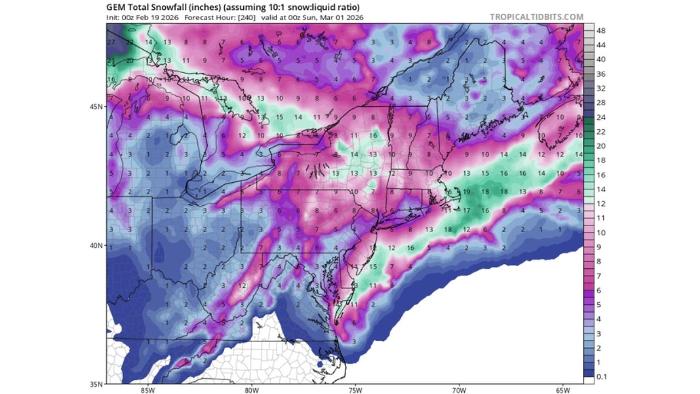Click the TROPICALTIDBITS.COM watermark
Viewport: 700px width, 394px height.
(x=536, y=17)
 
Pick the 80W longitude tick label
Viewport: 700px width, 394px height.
(x=251, y=390)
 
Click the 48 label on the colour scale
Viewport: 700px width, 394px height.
(x=600, y=31)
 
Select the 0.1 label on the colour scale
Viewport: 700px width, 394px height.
(x=601, y=376)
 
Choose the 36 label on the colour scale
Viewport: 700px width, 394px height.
(x=600, y=74)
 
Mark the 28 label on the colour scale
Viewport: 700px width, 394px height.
(x=600, y=103)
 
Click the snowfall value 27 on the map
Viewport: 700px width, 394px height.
(x=111, y=42)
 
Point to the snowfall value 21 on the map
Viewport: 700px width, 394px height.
(x=111, y=61)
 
